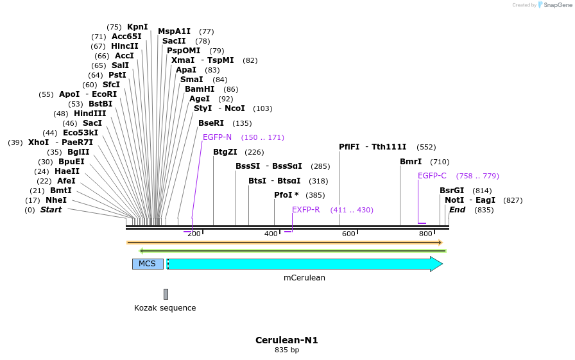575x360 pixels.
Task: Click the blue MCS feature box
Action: (x=148, y=264)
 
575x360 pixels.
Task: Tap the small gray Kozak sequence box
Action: (x=166, y=294)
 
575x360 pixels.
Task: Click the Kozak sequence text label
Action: (x=165, y=308)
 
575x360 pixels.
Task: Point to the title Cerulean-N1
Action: (x=286, y=340)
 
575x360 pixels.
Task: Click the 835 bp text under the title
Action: (x=286, y=350)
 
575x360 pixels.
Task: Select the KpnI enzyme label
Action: (x=137, y=27)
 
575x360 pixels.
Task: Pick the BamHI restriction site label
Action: (x=200, y=89)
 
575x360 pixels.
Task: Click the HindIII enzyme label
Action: (x=90, y=114)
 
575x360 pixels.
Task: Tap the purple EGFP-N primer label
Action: (x=217, y=137)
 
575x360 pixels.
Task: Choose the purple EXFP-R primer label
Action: (x=305, y=210)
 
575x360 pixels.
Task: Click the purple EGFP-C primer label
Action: (x=432, y=176)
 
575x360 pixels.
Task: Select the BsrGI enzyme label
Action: (x=452, y=191)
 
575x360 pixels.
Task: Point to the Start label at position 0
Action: (x=51, y=210)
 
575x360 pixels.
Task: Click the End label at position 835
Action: (x=457, y=210)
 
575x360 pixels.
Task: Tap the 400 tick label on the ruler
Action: (x=271, y=234)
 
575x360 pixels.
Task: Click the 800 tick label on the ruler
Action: (x=425, y=234)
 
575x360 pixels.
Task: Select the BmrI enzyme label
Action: (x=411, y=162)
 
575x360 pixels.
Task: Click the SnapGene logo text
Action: (x=556, y=5)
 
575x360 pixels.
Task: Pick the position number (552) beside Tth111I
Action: (x=425, y=147)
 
